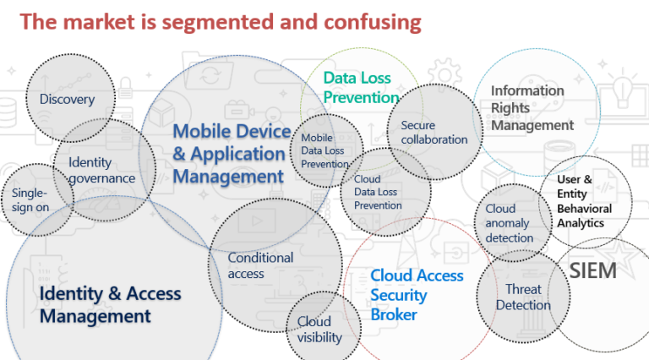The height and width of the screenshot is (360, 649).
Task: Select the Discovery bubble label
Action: coord(67,100)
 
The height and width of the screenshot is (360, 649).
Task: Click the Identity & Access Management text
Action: coord(110,305)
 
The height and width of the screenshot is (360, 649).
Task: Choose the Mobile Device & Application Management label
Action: coord(230,153)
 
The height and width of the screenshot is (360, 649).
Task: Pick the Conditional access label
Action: coord(261,265)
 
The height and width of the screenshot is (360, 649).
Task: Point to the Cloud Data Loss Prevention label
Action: coord(378,192)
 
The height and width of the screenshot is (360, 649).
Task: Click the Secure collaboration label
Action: coord(434,133)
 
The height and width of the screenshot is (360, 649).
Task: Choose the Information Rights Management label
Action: coord(532,107)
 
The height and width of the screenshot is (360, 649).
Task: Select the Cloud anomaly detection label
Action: coord(510,223)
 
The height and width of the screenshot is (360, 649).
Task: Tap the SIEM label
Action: coord(592,271)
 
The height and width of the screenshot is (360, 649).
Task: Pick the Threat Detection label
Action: coord(523,297)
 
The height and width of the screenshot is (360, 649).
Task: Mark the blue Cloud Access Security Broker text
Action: coord(417,295)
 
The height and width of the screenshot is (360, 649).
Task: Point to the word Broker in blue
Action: coord(394,314)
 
